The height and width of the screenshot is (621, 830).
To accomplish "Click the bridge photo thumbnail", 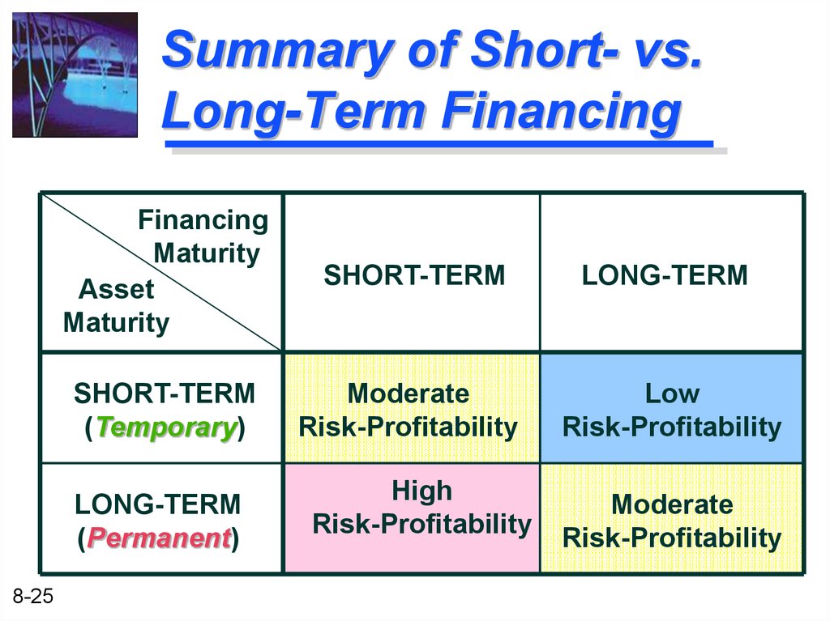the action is [75, 74].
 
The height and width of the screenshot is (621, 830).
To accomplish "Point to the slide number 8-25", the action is [32, 596].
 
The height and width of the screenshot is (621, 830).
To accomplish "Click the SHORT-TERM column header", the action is [414, 275].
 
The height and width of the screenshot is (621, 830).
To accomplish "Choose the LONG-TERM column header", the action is [665, 275].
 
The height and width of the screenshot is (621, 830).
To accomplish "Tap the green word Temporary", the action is [166, 427].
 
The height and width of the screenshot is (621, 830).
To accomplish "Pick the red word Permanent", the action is [159, 538].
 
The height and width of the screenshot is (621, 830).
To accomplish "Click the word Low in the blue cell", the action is [672, 394].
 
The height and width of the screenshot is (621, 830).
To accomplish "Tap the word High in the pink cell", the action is [421, 491].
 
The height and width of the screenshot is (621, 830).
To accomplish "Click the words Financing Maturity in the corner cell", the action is [203, 236].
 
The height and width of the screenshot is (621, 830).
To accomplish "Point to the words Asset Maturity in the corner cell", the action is [116, 306].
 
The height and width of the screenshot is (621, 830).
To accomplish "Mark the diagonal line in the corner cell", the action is [161, 272].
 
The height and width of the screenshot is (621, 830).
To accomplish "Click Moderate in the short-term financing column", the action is [409, 394].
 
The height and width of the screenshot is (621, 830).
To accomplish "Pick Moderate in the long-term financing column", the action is [672, 504].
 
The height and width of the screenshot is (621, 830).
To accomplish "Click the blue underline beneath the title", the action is [439, 144].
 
